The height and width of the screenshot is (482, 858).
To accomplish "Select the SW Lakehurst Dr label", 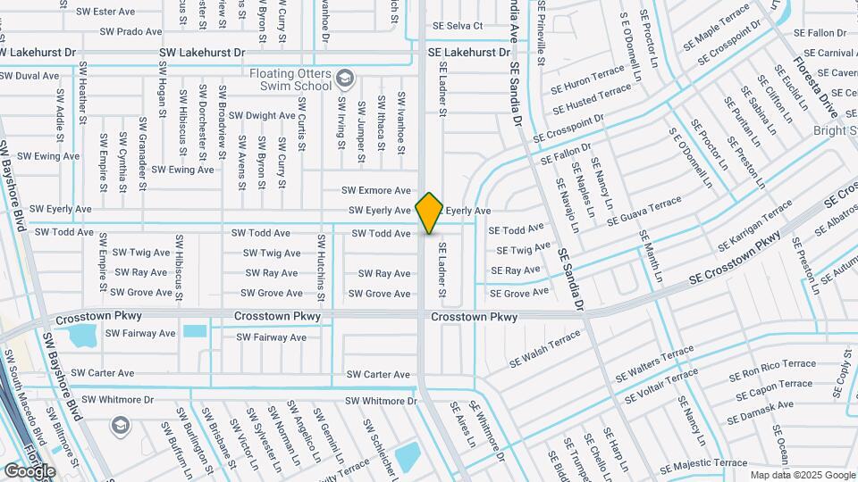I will [202, 53].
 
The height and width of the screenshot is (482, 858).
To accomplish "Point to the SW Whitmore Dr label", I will [381, 401].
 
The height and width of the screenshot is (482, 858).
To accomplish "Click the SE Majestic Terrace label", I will [704, 463].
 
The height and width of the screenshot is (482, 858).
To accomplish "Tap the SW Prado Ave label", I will [131, 31].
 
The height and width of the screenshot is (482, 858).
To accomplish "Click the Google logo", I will [29, 470].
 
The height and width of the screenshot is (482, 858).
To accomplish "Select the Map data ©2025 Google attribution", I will [802, 475].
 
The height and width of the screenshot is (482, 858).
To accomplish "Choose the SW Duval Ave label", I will [29, 76].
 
